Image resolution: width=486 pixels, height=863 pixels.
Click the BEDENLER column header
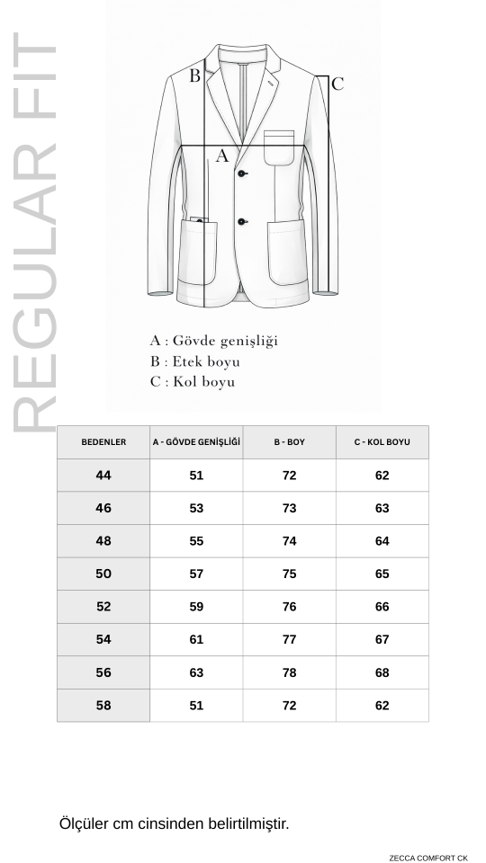click(x=103, y=442)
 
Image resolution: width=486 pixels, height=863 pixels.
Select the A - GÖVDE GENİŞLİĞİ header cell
click(x=196, y=442)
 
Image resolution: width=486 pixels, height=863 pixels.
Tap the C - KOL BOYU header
click(x=382, y=442)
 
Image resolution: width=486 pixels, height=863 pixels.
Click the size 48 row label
click(x=103, y=541)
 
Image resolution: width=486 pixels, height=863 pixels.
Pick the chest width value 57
click(x=196, y=574)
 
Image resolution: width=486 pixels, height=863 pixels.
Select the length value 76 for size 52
click(x=289, y=607)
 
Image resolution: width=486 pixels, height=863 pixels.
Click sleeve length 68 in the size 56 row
click(x=382, y=672)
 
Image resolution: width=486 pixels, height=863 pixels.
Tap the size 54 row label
click(x=103, y=639)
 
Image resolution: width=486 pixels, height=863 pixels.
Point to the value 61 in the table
click(x=196, y=639)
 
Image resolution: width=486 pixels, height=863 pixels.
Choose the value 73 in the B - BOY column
click(x=289, y=508)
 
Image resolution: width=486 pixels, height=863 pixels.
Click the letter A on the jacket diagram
click(x=222, y=156)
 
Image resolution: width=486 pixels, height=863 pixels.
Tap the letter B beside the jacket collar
click(x=194, y=76)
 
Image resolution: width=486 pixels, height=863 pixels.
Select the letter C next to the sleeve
click(x=337, y=85)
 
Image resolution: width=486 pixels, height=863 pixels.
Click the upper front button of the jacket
click(x=242, y=174)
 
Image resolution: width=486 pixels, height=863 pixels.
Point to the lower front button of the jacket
click(x=242, y=221)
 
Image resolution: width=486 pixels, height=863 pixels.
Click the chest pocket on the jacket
click(x=279, y=147)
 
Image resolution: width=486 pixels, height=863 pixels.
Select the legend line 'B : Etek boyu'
click(x=194, y=361)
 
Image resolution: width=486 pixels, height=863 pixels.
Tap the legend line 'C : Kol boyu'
click(x=193, y=382)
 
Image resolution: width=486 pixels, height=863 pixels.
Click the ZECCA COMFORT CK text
click(x=428, y=858)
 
